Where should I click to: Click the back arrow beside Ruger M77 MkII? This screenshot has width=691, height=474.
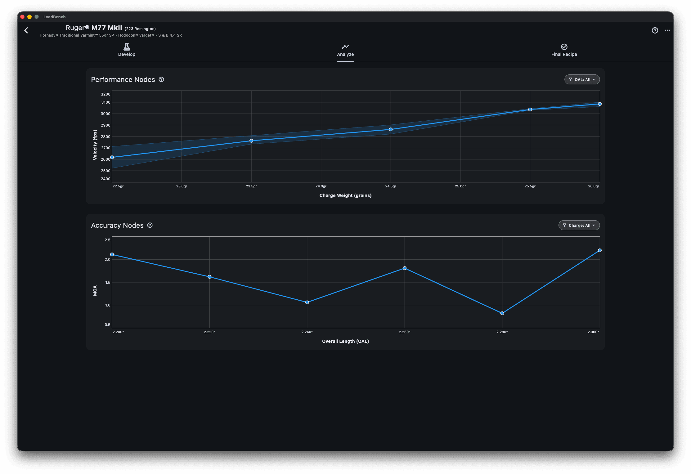click(26, 30)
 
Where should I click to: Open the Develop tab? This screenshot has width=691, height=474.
click(127, 50)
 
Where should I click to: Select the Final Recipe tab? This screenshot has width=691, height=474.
click(564, 50)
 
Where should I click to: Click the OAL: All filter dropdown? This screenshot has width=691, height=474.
click(582, 79)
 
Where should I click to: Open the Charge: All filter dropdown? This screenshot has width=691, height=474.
click(579, 225)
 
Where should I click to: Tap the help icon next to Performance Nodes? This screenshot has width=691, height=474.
click(161, 79)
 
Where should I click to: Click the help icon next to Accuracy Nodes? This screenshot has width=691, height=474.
click(150, 225)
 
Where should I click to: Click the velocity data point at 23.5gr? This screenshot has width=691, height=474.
click(251, 141)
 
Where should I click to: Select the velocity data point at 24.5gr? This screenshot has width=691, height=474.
click(391, 129)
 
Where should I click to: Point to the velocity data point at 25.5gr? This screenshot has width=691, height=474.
click(530, 110)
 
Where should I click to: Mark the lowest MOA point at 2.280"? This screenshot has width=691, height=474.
click(502, 313)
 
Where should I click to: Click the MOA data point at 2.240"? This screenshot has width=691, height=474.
click(307, 302)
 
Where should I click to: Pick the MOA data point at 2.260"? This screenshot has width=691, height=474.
click(405, 268)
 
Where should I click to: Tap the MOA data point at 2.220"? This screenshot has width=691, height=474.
click(209, 277)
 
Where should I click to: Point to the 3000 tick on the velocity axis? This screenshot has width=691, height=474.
click(105, 114)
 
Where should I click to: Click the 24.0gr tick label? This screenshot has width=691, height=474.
click(321, 186)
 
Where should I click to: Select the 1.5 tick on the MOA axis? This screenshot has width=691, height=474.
click(108, 282)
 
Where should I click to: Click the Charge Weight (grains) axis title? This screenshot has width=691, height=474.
click(345, 195)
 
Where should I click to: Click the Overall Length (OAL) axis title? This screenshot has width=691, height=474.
click(345, 341)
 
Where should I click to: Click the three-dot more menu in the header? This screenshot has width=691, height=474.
click(667, 30)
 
